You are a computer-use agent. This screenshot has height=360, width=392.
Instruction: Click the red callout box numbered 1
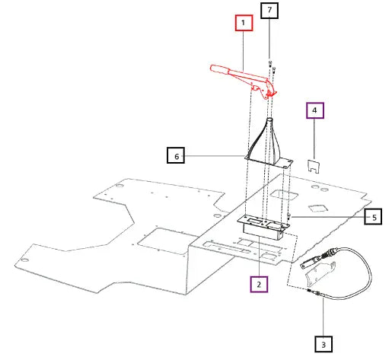coord(244,23)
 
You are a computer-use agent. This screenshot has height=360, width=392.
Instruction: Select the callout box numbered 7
coord(269,11)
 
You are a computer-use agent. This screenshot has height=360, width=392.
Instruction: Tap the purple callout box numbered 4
coord(315,110)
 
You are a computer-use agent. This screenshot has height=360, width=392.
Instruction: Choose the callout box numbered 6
coord(176,155)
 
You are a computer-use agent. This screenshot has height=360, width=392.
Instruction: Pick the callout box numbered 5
coord(373,216)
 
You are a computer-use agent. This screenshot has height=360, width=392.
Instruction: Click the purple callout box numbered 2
coord(259,284)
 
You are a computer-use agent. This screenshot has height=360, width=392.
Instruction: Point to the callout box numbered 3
coord(323,344)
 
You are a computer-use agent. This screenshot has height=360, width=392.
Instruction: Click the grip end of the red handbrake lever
coord(219,69)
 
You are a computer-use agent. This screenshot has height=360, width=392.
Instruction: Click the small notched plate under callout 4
coord(314,166)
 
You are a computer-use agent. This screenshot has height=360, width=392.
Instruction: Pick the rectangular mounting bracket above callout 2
coord(264,227)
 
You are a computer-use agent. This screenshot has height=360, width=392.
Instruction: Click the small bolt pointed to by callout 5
coord(288,216)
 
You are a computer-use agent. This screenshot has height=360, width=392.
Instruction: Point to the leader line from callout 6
coord(215,155)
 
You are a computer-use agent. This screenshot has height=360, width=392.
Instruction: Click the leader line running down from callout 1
coord(244,51)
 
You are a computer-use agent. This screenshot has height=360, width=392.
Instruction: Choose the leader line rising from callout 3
coord(323,317)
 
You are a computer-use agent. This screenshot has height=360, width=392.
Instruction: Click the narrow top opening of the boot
coord(269,119)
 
